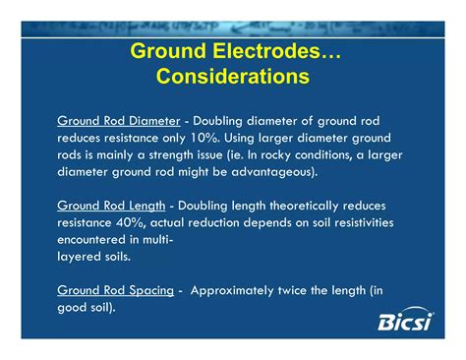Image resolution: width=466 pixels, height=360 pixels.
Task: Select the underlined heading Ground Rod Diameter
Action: click(118, 120)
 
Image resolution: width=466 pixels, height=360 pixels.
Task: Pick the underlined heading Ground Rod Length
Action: click(111, 206)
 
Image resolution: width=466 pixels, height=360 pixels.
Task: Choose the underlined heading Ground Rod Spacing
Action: click(114, 290)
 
